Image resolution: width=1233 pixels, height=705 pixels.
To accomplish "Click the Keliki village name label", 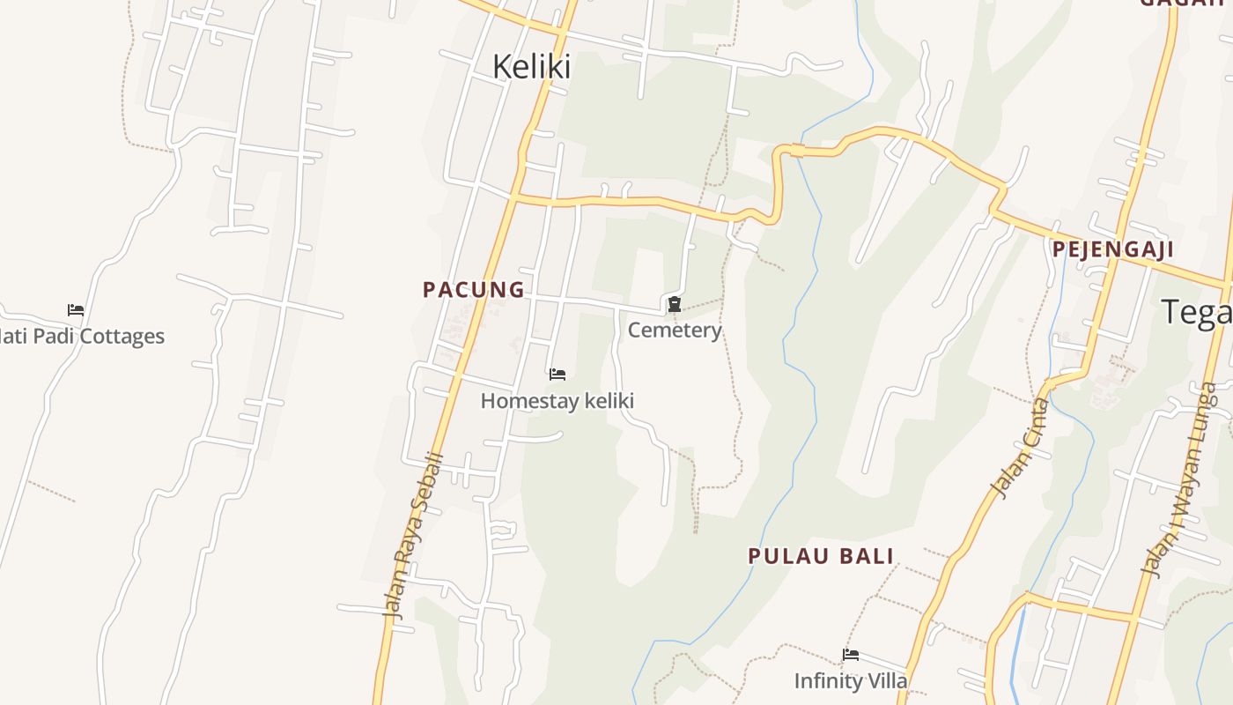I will tap(531, 67).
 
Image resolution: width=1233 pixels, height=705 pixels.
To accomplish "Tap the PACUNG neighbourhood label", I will tap(474, 289).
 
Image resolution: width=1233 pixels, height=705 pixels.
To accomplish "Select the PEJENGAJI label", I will tap(1113, 249).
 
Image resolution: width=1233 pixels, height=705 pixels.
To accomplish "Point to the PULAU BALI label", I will tap(821, 556).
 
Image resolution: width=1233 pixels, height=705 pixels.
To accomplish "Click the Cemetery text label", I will tap(675, 330).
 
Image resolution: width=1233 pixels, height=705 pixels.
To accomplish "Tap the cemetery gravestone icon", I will tap(675, 305).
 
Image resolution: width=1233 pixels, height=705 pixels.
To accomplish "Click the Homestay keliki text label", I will tap(557, 401).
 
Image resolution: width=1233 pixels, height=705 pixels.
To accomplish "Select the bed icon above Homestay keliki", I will tap(557, 375).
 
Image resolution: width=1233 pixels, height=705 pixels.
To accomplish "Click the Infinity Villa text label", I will tap(850, 681).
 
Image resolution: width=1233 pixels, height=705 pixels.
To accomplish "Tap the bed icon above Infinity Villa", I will tap(851, 655).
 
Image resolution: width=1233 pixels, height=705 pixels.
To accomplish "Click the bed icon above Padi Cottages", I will tap(76, 310).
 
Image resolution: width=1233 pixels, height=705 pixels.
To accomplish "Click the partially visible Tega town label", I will tap(1196, 313).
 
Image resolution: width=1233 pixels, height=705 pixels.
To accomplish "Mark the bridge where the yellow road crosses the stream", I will tap(797, 152).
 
